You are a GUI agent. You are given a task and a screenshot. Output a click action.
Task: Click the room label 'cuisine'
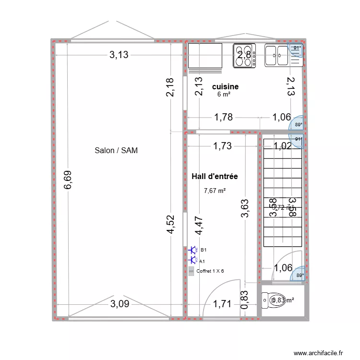[x=225, y=86]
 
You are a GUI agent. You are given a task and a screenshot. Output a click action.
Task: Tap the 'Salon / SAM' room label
[x=116, y=150]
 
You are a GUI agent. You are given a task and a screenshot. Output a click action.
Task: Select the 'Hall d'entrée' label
[x=215, y=177]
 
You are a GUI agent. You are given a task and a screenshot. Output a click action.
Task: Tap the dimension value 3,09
[x=119, y=303]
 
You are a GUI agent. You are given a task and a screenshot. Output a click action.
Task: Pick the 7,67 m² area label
[x=215, y=191]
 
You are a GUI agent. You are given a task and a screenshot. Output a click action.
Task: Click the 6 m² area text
[x=224, y=95]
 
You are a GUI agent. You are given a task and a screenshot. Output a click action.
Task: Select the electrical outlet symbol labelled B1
[x=194, y=250]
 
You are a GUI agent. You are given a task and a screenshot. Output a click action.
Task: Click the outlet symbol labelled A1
[x=194, y=261]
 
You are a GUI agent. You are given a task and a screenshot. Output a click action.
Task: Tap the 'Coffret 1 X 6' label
[x=210, y=271]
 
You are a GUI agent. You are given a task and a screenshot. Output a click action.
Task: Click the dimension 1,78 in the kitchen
[x=224, y=117]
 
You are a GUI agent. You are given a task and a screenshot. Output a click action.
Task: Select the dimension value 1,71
[x=222, y=303]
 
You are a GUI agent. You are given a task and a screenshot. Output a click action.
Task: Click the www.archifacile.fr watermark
[x=318, y=353]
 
